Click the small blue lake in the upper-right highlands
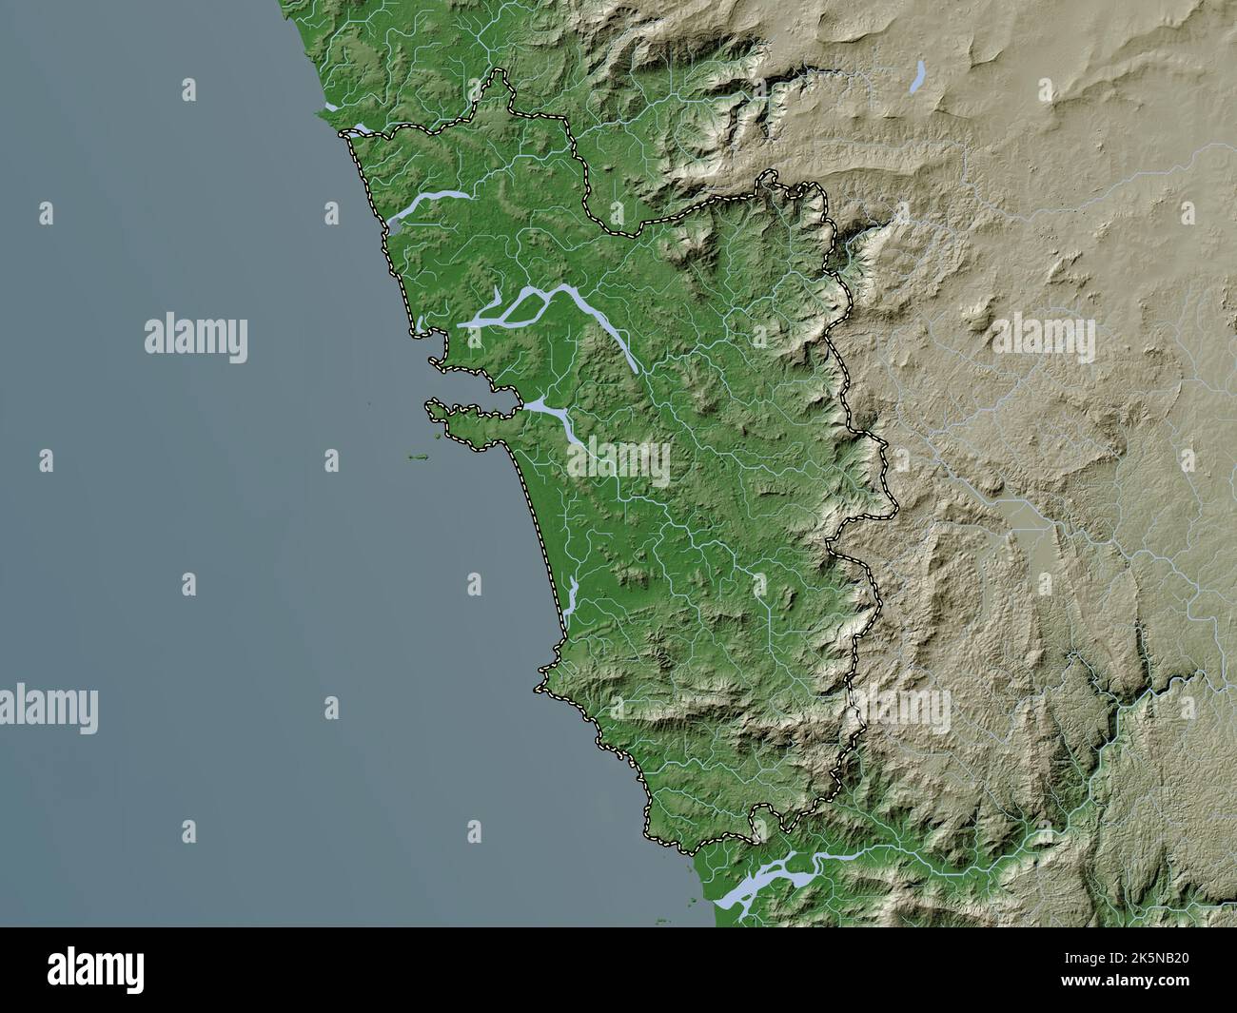[x=917, y=76]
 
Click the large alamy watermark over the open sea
[x=196, y=339]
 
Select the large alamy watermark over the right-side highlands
[x=1044, y=339]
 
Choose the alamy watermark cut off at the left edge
[x=48, y=709]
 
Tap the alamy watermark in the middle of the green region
[x=618, y=461]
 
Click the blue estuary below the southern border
[x=761, y=876]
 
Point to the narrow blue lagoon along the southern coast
[x=572, y=599]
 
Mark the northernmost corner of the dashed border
[x=497, y=73]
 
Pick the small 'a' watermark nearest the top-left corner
[x=188, y=90]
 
